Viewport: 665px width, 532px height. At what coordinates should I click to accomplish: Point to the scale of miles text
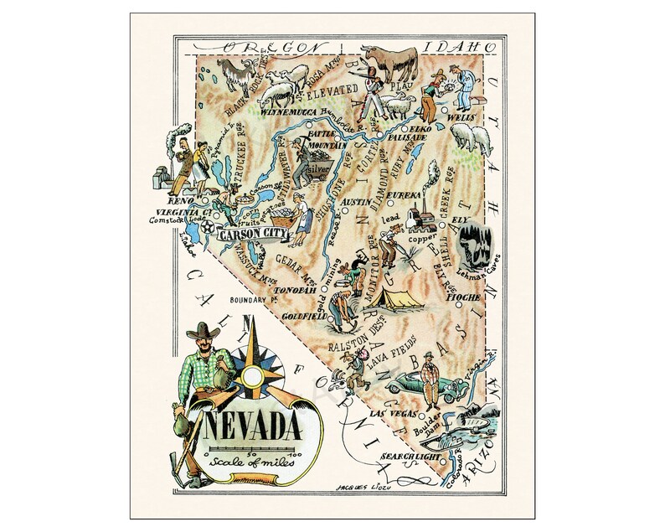[x=244, y=466]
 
